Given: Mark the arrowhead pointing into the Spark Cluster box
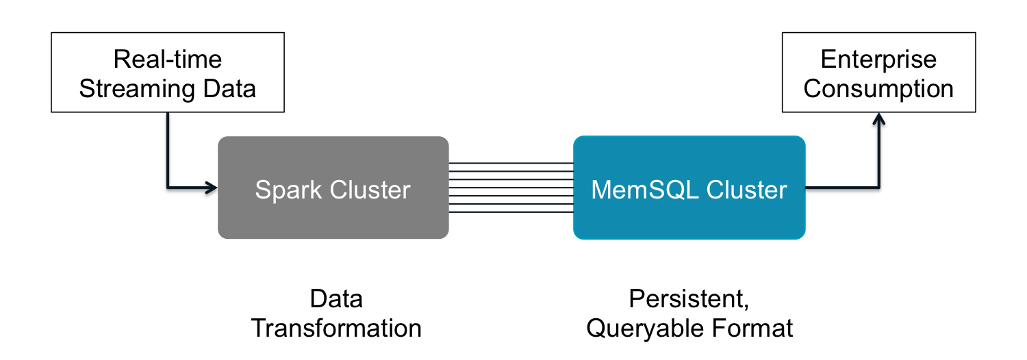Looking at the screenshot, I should [211, 186].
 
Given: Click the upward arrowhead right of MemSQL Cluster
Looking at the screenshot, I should [878, 119].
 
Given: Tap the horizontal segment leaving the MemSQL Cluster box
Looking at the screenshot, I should [839, 186].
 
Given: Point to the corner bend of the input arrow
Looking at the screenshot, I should [168, 186].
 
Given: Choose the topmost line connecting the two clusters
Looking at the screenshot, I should [511, 163].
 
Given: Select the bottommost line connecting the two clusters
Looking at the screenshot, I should [511, 212].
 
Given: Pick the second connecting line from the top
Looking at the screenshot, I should [511, 171].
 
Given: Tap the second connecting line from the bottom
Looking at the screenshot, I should [511, 204].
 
